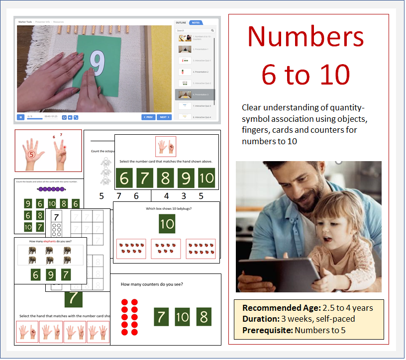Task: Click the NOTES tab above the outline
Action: [196, 22]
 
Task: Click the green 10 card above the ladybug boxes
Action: [167, 224]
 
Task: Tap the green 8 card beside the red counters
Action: [203, 317]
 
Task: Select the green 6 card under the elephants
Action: [35, 274]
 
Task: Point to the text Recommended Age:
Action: [282, 308]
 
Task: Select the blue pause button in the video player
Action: [20, 117]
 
